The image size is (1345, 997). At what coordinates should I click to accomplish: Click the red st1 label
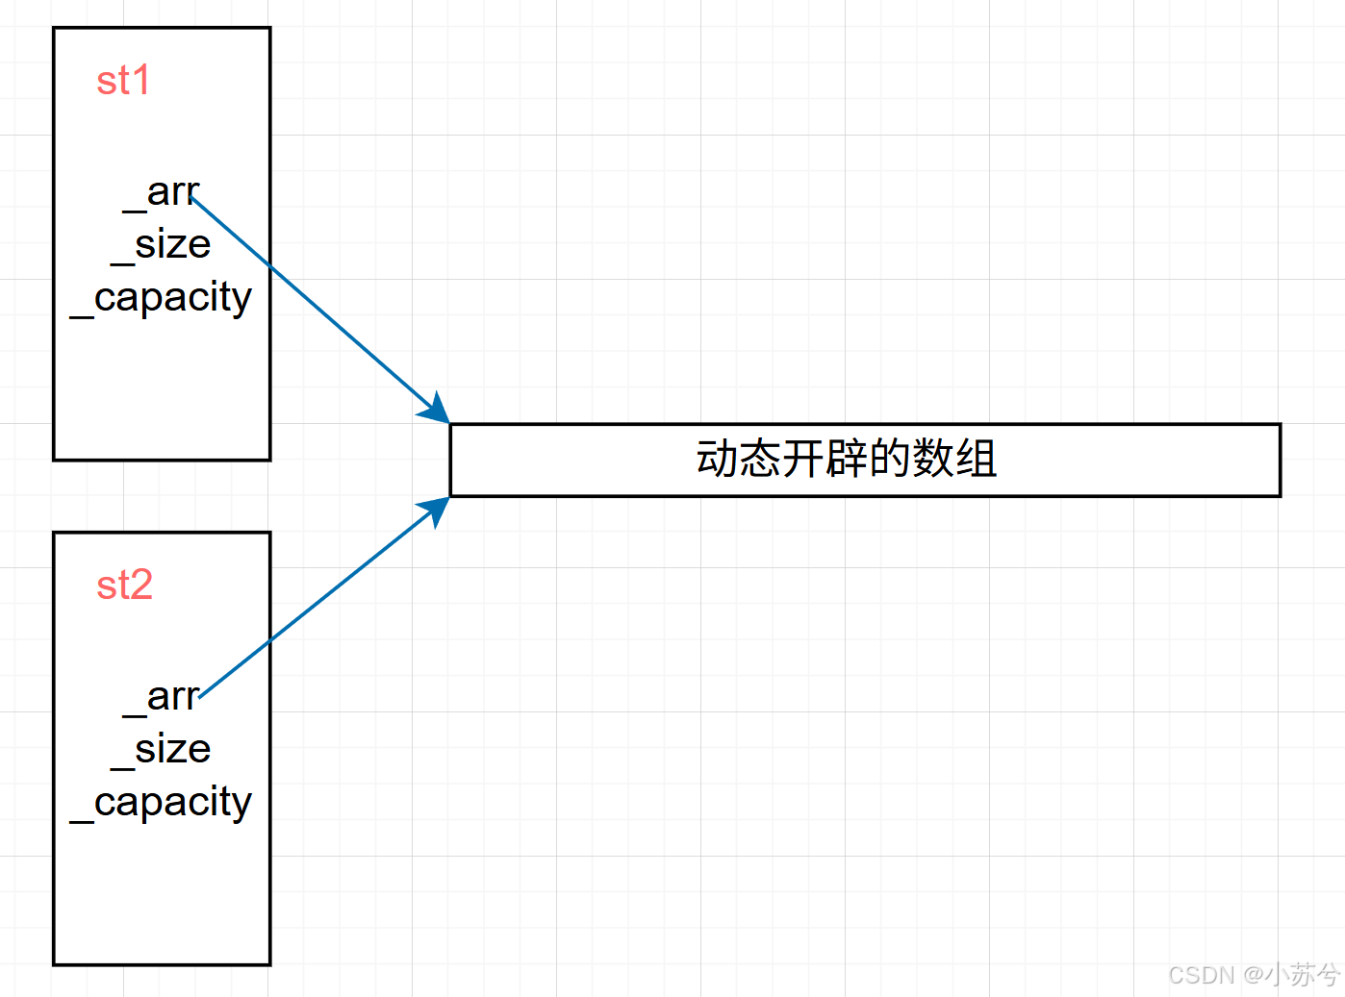point(123,81)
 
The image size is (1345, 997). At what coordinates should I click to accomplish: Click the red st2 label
point(124,586)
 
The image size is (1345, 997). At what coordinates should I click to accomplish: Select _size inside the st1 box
point(161,245)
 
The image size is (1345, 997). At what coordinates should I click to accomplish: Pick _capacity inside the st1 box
point(162,298)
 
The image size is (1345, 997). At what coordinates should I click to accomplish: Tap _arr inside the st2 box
point(162,697)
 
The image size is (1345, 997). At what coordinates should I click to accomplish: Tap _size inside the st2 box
point(161,750)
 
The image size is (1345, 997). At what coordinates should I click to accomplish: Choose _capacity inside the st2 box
point(162,803)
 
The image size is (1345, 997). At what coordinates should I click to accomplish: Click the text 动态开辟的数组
point(846,459)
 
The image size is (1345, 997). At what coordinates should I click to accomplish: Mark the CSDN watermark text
point(1201,975)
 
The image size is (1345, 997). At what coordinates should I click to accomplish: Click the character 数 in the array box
point(932,459)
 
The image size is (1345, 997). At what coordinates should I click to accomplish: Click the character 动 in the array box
point(717,459)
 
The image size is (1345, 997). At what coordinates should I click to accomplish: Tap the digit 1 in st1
point(141,81)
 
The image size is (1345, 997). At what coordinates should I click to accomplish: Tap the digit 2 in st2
point(140,586)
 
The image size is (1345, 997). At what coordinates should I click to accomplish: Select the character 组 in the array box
point(976,459)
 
